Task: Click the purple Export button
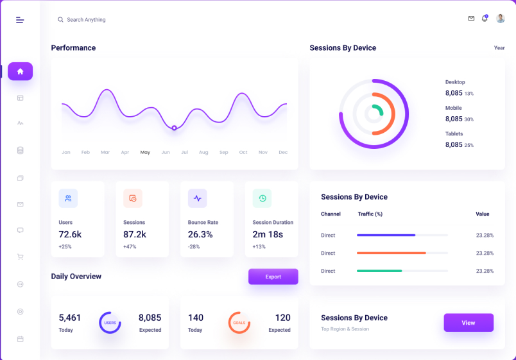[273, 277]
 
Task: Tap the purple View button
[469, 323]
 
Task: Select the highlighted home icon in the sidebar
[20, 71]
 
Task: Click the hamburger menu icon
[20, 20]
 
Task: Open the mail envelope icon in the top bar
[471, 19]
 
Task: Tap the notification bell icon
[485, 19]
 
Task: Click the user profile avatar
[501, 19]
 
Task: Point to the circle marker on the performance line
[174, 128]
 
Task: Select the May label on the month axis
[145, 153]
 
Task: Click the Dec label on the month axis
[283, 153]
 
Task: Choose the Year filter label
[499, 48]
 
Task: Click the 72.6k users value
[70, 234]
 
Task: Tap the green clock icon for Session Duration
[262, 198]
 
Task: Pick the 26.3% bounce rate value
[200, 234]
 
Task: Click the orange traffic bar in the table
[391, 253]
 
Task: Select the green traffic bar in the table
[379, 271]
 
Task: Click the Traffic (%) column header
[370, 214]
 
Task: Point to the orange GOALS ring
[239, 323]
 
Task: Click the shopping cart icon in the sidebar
[20, 257]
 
